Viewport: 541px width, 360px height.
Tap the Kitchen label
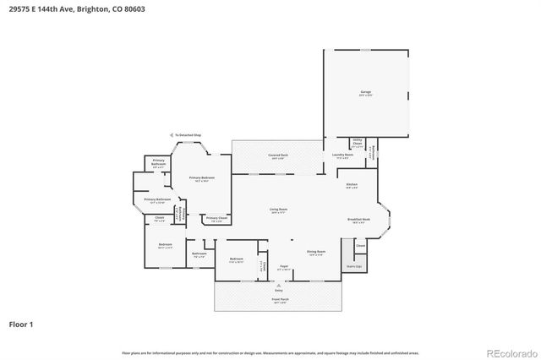tap(352, 185)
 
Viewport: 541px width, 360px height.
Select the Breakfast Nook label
tap(356, 220)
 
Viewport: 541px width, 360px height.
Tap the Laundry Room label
tap(342, 155)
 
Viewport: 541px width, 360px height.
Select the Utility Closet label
tap(357, 143)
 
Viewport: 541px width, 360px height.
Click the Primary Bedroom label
tap(201, 178)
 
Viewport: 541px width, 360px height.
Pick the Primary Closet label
tap(216, 218)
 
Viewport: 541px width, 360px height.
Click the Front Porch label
tap(278, 300)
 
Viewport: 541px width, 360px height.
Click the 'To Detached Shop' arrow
tap(185, 134)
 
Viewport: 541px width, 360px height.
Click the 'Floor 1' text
tap(22, 323)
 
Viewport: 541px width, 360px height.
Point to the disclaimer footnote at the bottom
tap(270, 352)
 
